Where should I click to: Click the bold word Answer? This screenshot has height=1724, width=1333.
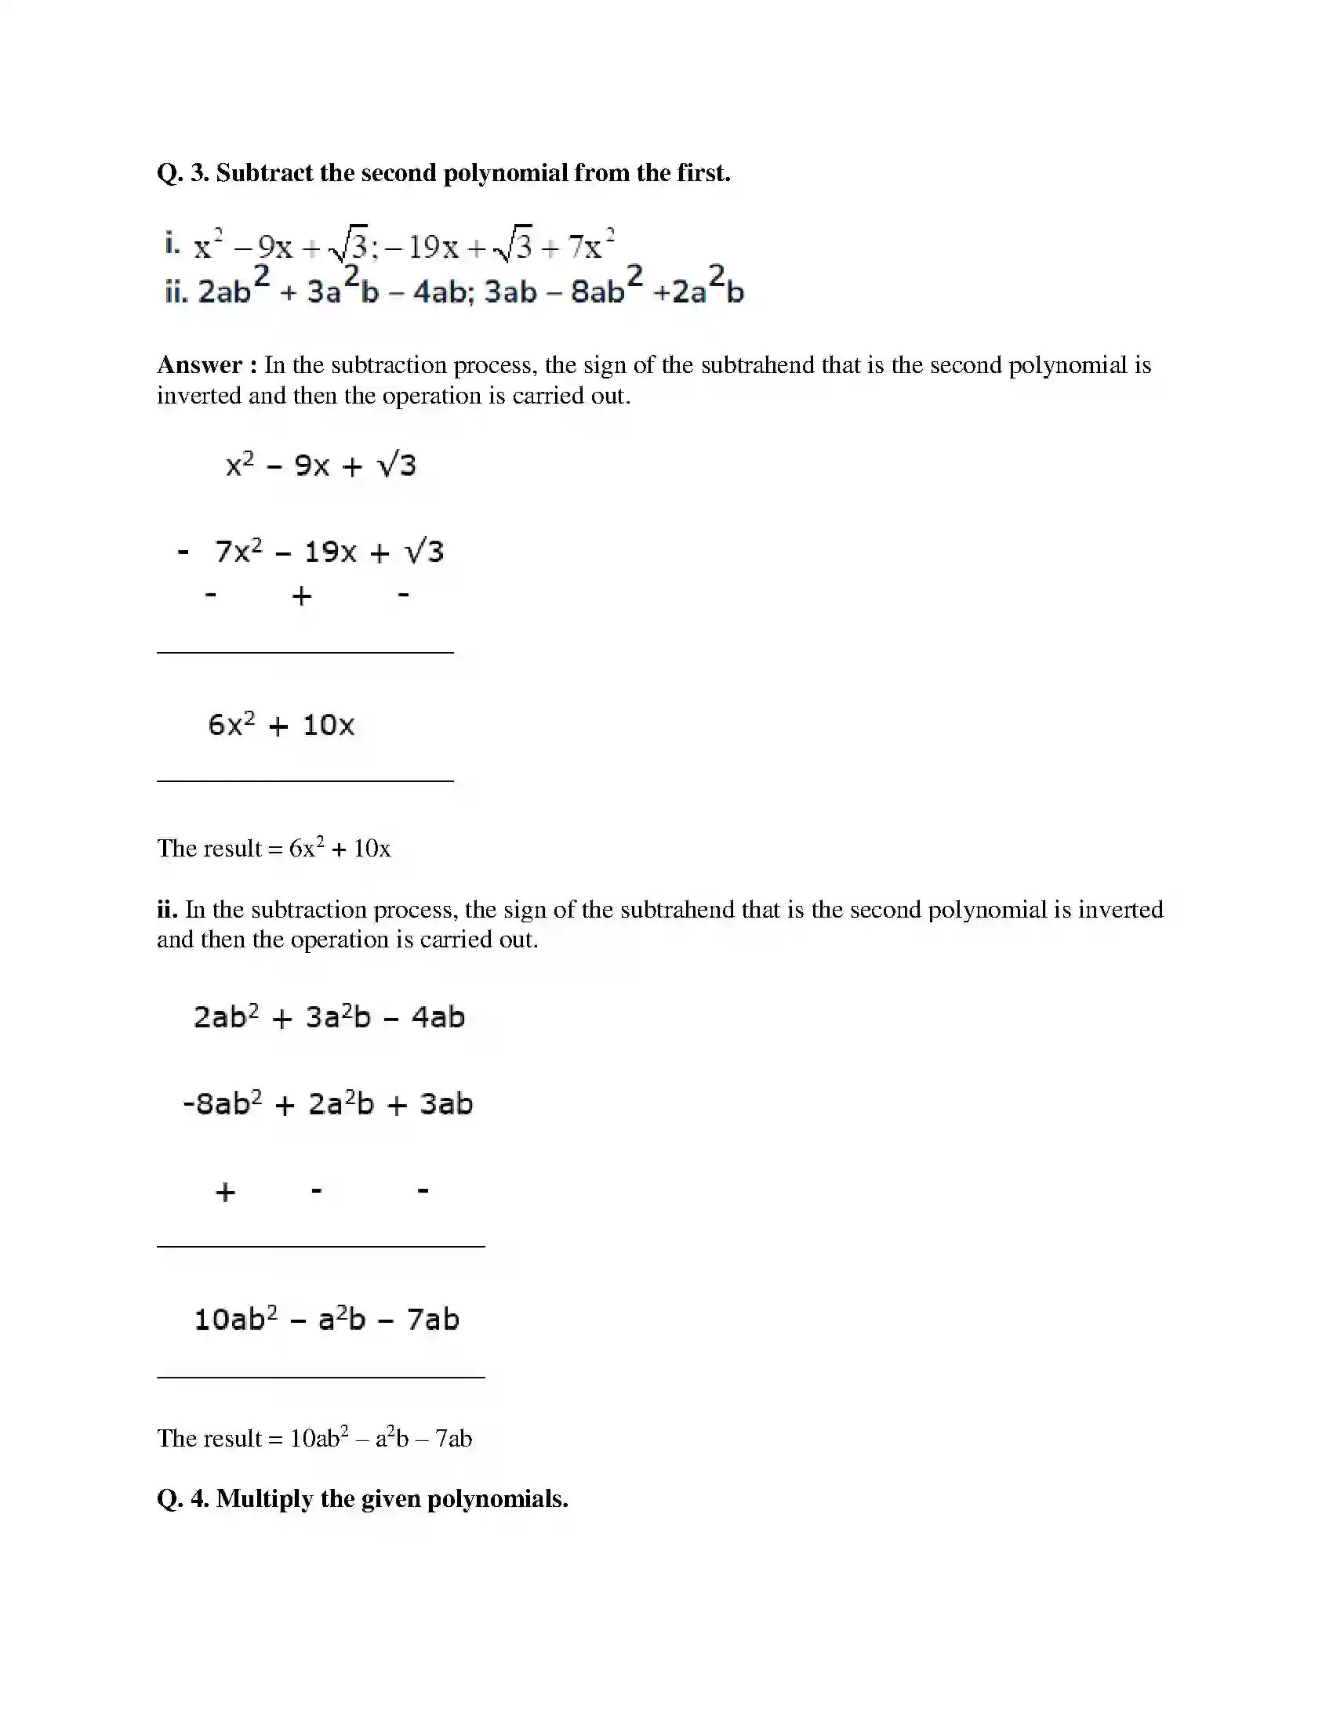tap(200, 365)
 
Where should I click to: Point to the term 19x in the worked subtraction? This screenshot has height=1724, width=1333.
tap(330, 552)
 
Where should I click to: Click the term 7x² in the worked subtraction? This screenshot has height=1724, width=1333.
tap(238, 551)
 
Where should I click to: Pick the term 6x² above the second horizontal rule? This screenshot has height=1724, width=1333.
tap(231, 724)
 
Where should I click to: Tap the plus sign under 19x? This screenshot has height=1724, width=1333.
tap(301, 596)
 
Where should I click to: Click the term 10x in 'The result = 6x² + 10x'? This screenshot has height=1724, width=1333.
tap(372, 849)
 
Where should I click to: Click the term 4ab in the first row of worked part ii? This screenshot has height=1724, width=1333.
tap(438, 1017)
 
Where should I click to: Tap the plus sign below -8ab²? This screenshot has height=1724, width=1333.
tap(225, 1192)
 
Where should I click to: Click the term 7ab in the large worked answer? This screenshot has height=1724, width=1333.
tap(433, 1319)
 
